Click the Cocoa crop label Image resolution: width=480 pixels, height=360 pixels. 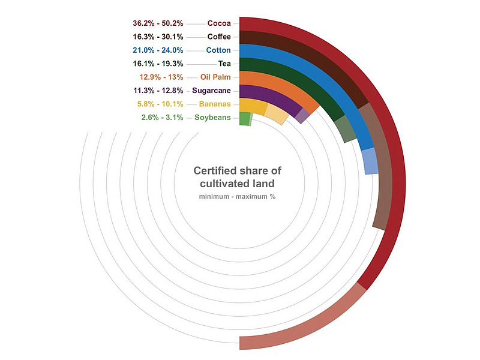click(219, 23)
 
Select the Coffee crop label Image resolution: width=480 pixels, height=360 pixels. click(219, 37)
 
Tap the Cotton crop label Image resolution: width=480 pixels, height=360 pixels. click(218, 50)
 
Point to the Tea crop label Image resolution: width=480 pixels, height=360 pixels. click(224, 63)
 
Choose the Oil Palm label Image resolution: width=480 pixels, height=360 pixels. click(215, 77)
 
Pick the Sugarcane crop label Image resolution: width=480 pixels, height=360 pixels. click(211, 91)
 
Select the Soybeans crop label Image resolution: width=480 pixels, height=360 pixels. click(212, 117)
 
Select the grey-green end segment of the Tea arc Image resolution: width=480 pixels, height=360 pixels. click(344, 128)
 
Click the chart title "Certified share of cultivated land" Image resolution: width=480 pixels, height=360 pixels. click(237, 177)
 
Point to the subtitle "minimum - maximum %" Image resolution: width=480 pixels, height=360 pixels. click(237, 197)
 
